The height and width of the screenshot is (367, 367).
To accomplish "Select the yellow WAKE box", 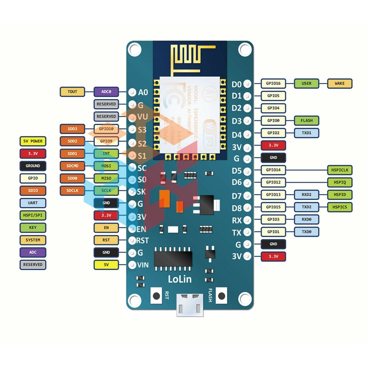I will (339, 84).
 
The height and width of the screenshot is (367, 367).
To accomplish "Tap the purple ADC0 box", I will (106, 91).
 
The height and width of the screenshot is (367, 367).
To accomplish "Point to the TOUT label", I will (72, 91).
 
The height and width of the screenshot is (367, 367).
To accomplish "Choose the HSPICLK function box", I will (339, 170).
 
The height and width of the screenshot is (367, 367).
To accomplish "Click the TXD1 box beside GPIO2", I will (306, 133).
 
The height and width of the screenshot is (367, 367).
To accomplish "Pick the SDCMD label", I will (72, 166).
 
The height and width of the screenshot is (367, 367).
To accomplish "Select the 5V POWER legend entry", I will (33, 141).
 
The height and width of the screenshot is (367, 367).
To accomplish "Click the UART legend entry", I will (33, 203).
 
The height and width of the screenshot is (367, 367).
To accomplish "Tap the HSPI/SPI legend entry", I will (33, 215).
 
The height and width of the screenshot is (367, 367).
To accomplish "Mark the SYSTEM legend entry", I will (33, 240).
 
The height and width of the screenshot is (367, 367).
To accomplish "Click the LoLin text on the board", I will (179, 279).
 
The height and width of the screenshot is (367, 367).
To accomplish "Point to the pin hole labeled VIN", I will (132, 264).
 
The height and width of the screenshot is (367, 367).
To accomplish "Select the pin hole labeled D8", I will (248, 208).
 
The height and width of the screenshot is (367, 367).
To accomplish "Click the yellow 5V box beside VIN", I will (106, 264).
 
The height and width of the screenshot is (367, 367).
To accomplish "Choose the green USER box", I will (306, 84).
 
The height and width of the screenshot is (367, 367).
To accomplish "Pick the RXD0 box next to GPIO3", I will (306, 219).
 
